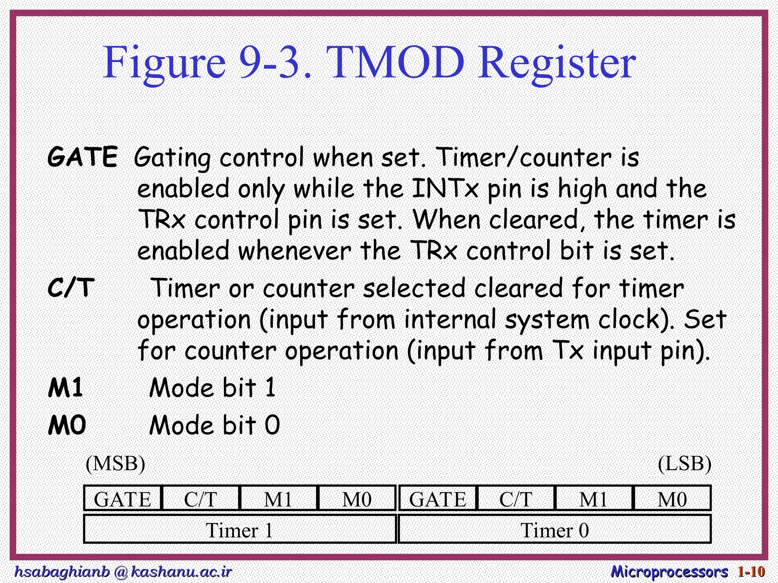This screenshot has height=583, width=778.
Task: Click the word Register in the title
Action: click(557, 63)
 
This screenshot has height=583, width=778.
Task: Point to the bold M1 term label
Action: click(66, 388)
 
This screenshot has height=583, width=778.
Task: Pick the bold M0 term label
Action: click(67, 425)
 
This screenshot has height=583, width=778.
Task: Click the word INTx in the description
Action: click(445, 188)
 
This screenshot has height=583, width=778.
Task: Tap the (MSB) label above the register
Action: click(115, 463)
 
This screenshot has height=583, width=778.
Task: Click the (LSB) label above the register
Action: click(685, 463)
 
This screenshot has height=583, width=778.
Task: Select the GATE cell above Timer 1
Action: click(123, 499)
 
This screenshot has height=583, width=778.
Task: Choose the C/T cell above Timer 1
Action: click(201, 499)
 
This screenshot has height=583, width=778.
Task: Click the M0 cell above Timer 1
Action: click(357, 499)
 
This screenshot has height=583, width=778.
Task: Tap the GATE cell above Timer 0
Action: click(438, 499)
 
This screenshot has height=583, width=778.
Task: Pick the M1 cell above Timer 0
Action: click(593, 499)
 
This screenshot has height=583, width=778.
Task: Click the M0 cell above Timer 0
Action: click(672, 499)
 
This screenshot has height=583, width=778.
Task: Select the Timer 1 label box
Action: click(240, 530)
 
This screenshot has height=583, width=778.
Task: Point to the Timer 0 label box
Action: click(555, 530)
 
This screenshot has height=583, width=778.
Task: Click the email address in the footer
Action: click(123, 571)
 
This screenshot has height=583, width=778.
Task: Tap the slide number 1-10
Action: click(751, 571)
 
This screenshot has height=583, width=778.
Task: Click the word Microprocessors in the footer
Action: click(669, 571)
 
